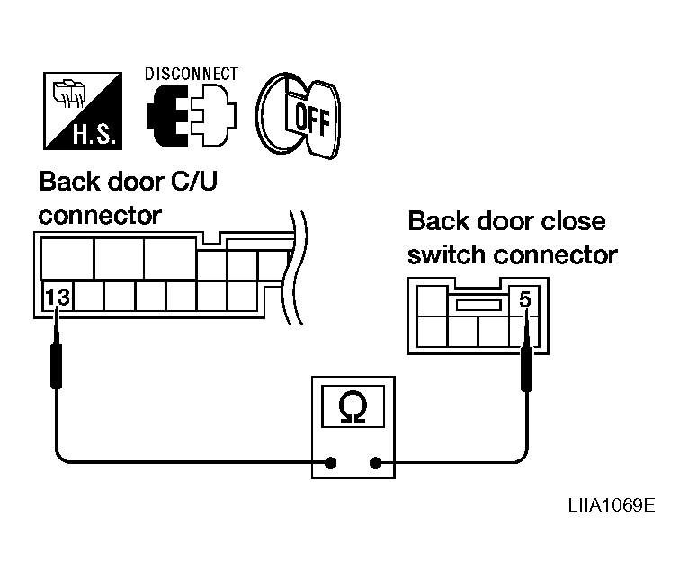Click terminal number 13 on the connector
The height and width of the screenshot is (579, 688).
[x=58, y=298]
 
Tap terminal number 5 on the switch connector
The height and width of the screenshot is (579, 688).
[x=525, y=299]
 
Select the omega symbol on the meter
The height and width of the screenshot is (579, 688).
[x=353, y=406]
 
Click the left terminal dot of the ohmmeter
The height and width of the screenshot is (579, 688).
[x=331, y=463]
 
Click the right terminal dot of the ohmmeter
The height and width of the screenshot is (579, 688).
[x=376, y=463]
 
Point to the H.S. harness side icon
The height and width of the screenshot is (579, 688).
[x=83, y=111]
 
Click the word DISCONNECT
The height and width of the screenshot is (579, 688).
[x=192, y=74]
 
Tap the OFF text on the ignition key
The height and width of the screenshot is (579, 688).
[x=312, y=119]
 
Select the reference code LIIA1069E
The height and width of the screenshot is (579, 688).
[x=612, y=505]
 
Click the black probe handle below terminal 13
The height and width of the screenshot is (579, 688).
[x=56, y=367]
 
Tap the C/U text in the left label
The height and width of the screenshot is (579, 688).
[x=194, y=181]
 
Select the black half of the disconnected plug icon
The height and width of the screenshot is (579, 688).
[x=167, y=116]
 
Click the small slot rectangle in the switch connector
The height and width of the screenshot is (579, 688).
[x=478, y=305]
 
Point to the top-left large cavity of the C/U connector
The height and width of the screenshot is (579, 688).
[x=67, y=258]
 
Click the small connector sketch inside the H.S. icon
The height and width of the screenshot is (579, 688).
[x=69, y=93]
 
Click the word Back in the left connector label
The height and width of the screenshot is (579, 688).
[x=71, y=181]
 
